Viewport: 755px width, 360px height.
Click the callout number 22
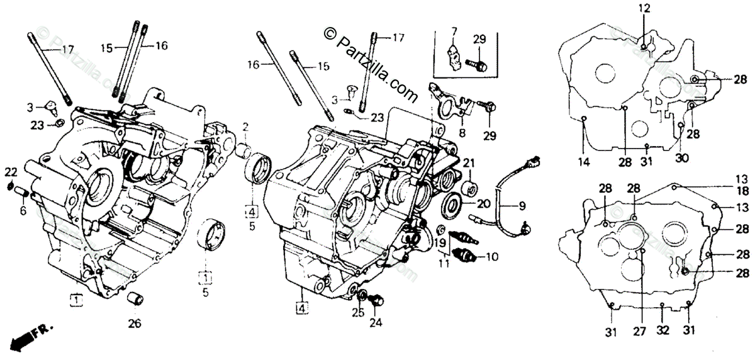(x=11, y=172)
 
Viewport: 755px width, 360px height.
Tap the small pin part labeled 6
(x=20, y=190)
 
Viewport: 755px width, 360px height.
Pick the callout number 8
(x=462, y=133)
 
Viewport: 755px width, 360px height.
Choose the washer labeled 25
(x=363, y=296)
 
